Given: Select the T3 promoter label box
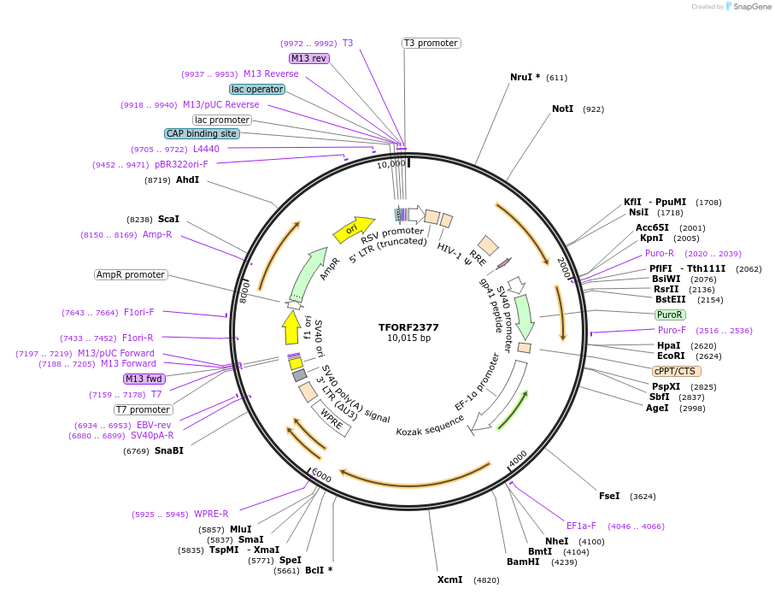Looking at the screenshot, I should (x=431, y=43).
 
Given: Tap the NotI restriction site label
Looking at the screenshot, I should (x=562, y=109).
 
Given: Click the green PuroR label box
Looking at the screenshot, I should (x=669, y=315).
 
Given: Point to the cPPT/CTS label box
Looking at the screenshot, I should (x=676, y=371).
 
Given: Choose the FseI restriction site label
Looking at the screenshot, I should (x=609, y=496).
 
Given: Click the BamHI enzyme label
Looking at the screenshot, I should (x=522, y=562).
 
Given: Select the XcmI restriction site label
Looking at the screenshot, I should (x=449, y=579).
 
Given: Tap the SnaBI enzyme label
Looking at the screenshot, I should (x=168, y=450).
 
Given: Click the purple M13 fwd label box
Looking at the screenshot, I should (x=144, y=379).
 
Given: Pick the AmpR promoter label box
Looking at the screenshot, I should (x=131, y=274).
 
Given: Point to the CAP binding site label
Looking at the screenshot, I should (x=202, y=133).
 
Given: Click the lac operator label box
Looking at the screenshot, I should (x=256, y=89).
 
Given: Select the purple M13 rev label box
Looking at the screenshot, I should (x=308, y=58).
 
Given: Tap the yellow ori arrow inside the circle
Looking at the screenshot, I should (x=354, y=227).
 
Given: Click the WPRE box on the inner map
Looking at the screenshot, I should (x=332, y=416).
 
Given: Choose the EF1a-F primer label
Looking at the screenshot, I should (x=581, y=526).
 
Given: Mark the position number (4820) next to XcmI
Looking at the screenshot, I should (x=486, y=579).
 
